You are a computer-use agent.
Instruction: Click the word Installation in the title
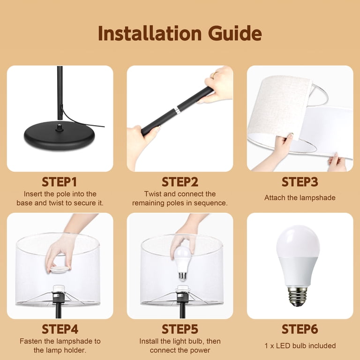(x=150, y=34)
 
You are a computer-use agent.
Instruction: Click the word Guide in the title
(x=235, y=34)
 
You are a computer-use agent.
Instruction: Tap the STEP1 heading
(x=59, y=182)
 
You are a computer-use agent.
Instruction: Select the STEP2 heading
(x=180, y=182)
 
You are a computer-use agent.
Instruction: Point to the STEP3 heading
(x=300, y=182)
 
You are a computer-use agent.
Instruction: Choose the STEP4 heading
(x=60, y=329)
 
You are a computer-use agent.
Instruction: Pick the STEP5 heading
(x=180, y=329)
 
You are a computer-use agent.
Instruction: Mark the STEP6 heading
(x=300, y=329)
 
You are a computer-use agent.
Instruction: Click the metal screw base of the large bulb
(x=298, y=296)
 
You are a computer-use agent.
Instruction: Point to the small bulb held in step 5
(x=182, y=263)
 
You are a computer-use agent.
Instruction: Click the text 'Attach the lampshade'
(x=300, y=198)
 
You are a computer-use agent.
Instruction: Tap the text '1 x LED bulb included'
(x=300, y=345)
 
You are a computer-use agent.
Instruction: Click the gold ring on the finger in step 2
(x=214, y=75)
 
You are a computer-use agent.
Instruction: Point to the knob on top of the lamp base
(x=60, y=127)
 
